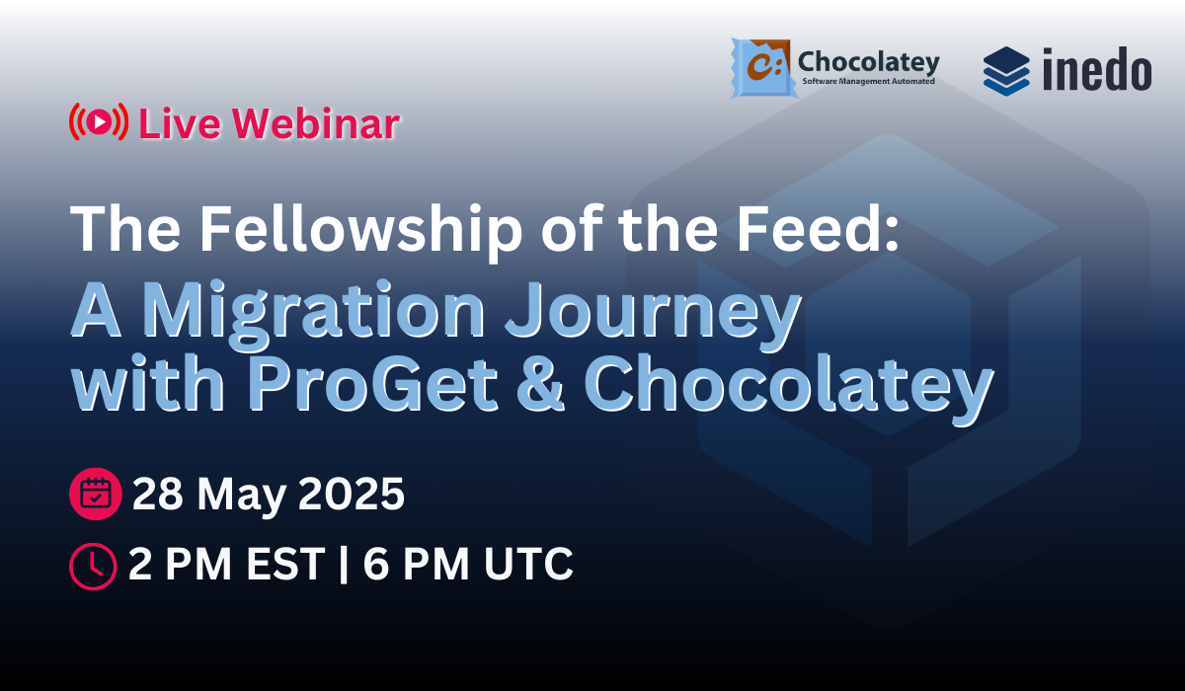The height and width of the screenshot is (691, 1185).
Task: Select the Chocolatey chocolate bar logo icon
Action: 762,67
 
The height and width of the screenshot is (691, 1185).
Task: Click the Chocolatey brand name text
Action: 868,62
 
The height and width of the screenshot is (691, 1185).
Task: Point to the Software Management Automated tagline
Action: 869,84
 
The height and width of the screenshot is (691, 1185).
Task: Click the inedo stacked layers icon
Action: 1006,70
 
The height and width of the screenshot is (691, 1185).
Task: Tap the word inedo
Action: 1096,70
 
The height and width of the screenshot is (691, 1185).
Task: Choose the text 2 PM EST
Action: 227,565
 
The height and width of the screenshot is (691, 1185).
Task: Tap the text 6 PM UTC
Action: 468,565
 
